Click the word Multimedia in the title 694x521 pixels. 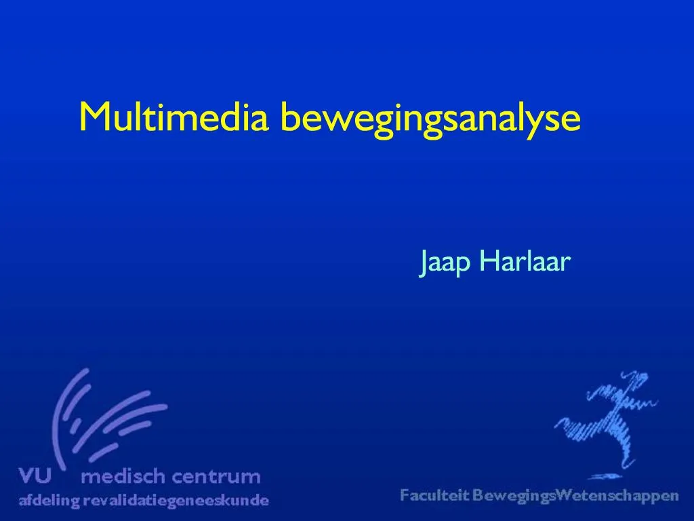174,117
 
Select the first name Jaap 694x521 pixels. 445,262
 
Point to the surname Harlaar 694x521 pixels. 525,260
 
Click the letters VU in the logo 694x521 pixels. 35,476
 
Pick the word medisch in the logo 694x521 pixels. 123,476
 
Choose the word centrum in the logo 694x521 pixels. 216,477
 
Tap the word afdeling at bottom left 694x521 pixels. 49,501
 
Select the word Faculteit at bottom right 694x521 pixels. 434,495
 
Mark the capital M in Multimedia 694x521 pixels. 95,117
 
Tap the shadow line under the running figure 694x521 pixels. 605,477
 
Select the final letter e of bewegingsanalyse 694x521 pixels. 571,121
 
